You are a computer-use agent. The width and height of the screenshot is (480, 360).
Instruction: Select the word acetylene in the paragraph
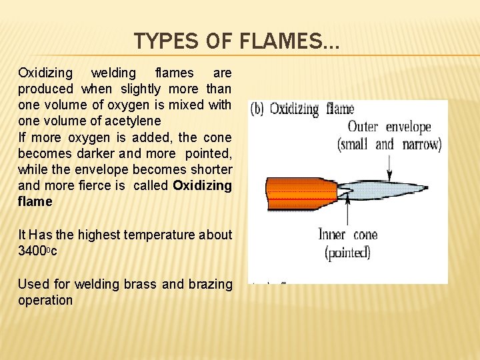(137, 121)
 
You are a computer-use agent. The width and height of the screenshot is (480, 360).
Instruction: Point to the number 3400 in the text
(32, 251)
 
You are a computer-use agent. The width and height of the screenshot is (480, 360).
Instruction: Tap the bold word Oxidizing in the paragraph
(202, 186)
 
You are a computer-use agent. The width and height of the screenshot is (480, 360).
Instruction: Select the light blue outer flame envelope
(393, 189)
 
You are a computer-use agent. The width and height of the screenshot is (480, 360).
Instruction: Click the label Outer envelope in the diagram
(389, 127)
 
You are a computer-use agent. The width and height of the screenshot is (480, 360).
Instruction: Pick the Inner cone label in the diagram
(347, 235)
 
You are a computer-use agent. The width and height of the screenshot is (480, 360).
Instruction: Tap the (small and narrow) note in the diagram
(389, 144)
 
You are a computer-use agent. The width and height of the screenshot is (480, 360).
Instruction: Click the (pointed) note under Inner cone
(347, 252)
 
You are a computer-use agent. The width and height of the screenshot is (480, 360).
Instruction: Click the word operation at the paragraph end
(45, 300)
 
